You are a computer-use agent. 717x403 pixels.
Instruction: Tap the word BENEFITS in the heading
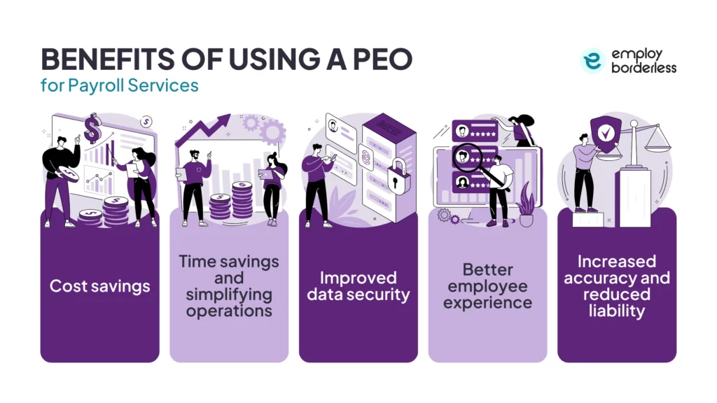tap(102, 60)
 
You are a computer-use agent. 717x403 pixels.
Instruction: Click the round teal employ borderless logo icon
tap(592, 61)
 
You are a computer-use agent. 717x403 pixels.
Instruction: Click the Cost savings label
tap(99, 285)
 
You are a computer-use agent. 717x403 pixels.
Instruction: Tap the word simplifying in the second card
tap(228, 295)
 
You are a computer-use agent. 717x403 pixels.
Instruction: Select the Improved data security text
tap(358, 285)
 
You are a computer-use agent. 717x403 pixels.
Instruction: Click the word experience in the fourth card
tap(487, 302)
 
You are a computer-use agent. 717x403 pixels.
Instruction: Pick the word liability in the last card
tap(617, 311)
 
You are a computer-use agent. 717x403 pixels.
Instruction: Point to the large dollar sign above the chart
tap(92, 129)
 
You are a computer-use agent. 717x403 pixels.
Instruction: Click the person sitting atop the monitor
tap(522, 130)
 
